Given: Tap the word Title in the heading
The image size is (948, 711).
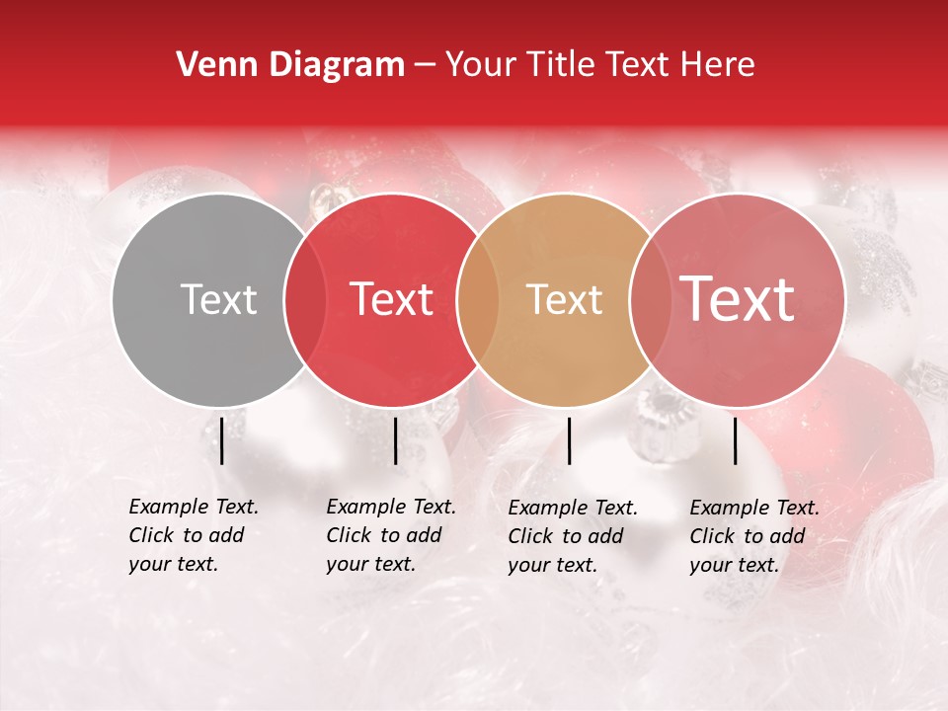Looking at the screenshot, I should pyautogui.click(x=561, y=65).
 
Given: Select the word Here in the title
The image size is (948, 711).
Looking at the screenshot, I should pyautogui.click(x=716, y=65).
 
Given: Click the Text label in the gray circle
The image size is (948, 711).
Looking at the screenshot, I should pyautogui.click(x=218, y=299).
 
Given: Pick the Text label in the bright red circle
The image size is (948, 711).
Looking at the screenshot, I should pyautogui.click(x=391, y=299).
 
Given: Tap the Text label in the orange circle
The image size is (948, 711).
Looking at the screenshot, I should pyautogui.click(x=564, y=299).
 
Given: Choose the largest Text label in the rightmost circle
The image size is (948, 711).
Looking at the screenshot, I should pyautogui.click(x=738, y=298).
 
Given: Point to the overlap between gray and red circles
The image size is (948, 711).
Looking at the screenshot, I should pyautogui.click(x=305, y=299).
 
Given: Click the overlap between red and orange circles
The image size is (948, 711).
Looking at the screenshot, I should pyautogui.click(x=478, y=299).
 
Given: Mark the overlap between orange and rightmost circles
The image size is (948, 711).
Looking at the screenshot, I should pyautogui.click(x=651, y=299).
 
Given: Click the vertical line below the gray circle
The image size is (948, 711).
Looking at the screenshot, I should pyautogui.click(x=222, y=440).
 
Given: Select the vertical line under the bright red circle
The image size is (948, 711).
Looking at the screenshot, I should pyautogui.click(x=395, y=440).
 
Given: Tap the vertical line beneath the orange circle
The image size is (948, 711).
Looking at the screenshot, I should pyautogui.click(x=569, y=440).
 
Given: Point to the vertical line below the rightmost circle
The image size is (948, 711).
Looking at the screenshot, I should pyautogui.click(x=735, y=440).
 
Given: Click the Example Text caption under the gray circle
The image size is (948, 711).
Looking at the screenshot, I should pyautogui.click(x=193, y=535).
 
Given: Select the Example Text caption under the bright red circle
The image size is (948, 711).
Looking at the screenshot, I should pyautogui.click(x=390, y=535).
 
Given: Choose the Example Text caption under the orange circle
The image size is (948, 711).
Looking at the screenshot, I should pyautogui.click(x=572, y=536).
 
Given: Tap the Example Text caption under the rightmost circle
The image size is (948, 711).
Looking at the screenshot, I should pyautogui.click(x=753, y=536).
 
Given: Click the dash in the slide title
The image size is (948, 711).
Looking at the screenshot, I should pyautogui.click(x=425, y=66).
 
